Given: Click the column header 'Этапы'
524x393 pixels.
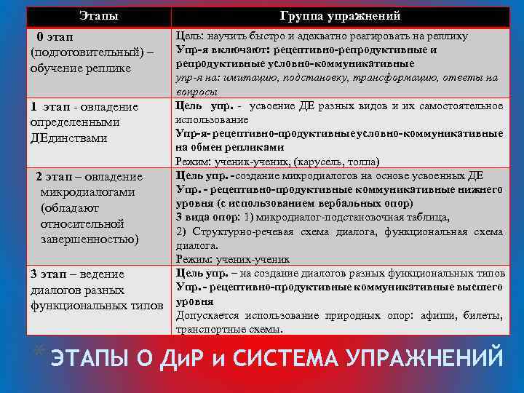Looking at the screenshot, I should point(100,16).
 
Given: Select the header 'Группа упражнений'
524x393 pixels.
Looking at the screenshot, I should point(340,16).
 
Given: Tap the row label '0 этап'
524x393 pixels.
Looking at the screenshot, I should point(55,36).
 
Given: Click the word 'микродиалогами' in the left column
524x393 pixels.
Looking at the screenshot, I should point(87,192).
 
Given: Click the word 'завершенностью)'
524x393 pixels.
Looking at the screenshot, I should point(90,239).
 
